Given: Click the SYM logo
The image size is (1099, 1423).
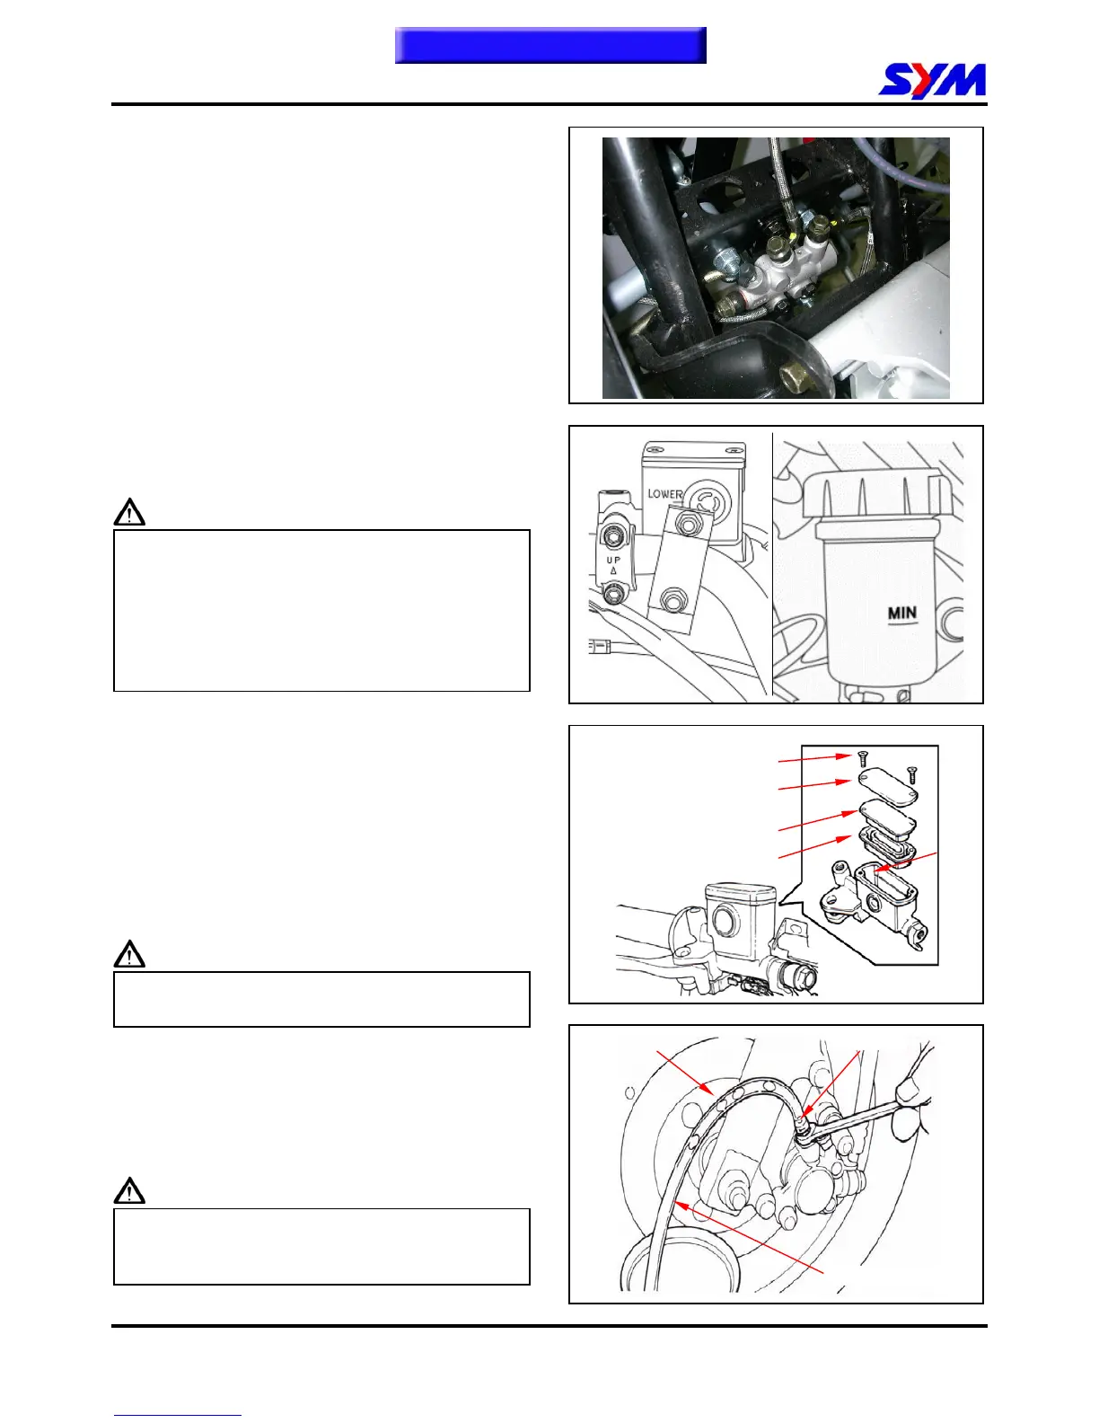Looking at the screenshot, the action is pyautogui.click(x=932, y=80).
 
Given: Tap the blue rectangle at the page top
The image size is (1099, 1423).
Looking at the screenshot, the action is pyautogui.click(x=550, y=46).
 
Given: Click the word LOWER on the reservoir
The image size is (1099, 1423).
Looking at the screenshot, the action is pyautogui.click(x=664, y=494).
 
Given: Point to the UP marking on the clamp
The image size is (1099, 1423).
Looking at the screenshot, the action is pyautogui.click(x=613, y=561).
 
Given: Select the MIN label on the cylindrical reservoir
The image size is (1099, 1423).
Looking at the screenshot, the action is pyautogui.click(x=902, y=614).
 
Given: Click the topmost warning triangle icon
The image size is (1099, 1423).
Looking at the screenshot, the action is pyautogui.click(x=130, y=512).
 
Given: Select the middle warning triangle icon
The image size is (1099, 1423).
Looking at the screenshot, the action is pyautogui.click(x=130, y=954).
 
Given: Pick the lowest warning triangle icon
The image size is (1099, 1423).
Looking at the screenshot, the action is pyautogui.click(x=130, y=1191).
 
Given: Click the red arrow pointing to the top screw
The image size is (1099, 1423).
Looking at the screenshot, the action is pyautogui.click(x=813, y=759).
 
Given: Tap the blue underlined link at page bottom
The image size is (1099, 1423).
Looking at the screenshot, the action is pyautogui.click(x=177, y=1415).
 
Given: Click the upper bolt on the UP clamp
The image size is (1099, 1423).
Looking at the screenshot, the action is pyautogui.click(x=614, y=536).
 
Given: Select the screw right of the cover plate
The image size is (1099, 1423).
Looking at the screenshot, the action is pyautogui.click(x=912, y=772).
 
